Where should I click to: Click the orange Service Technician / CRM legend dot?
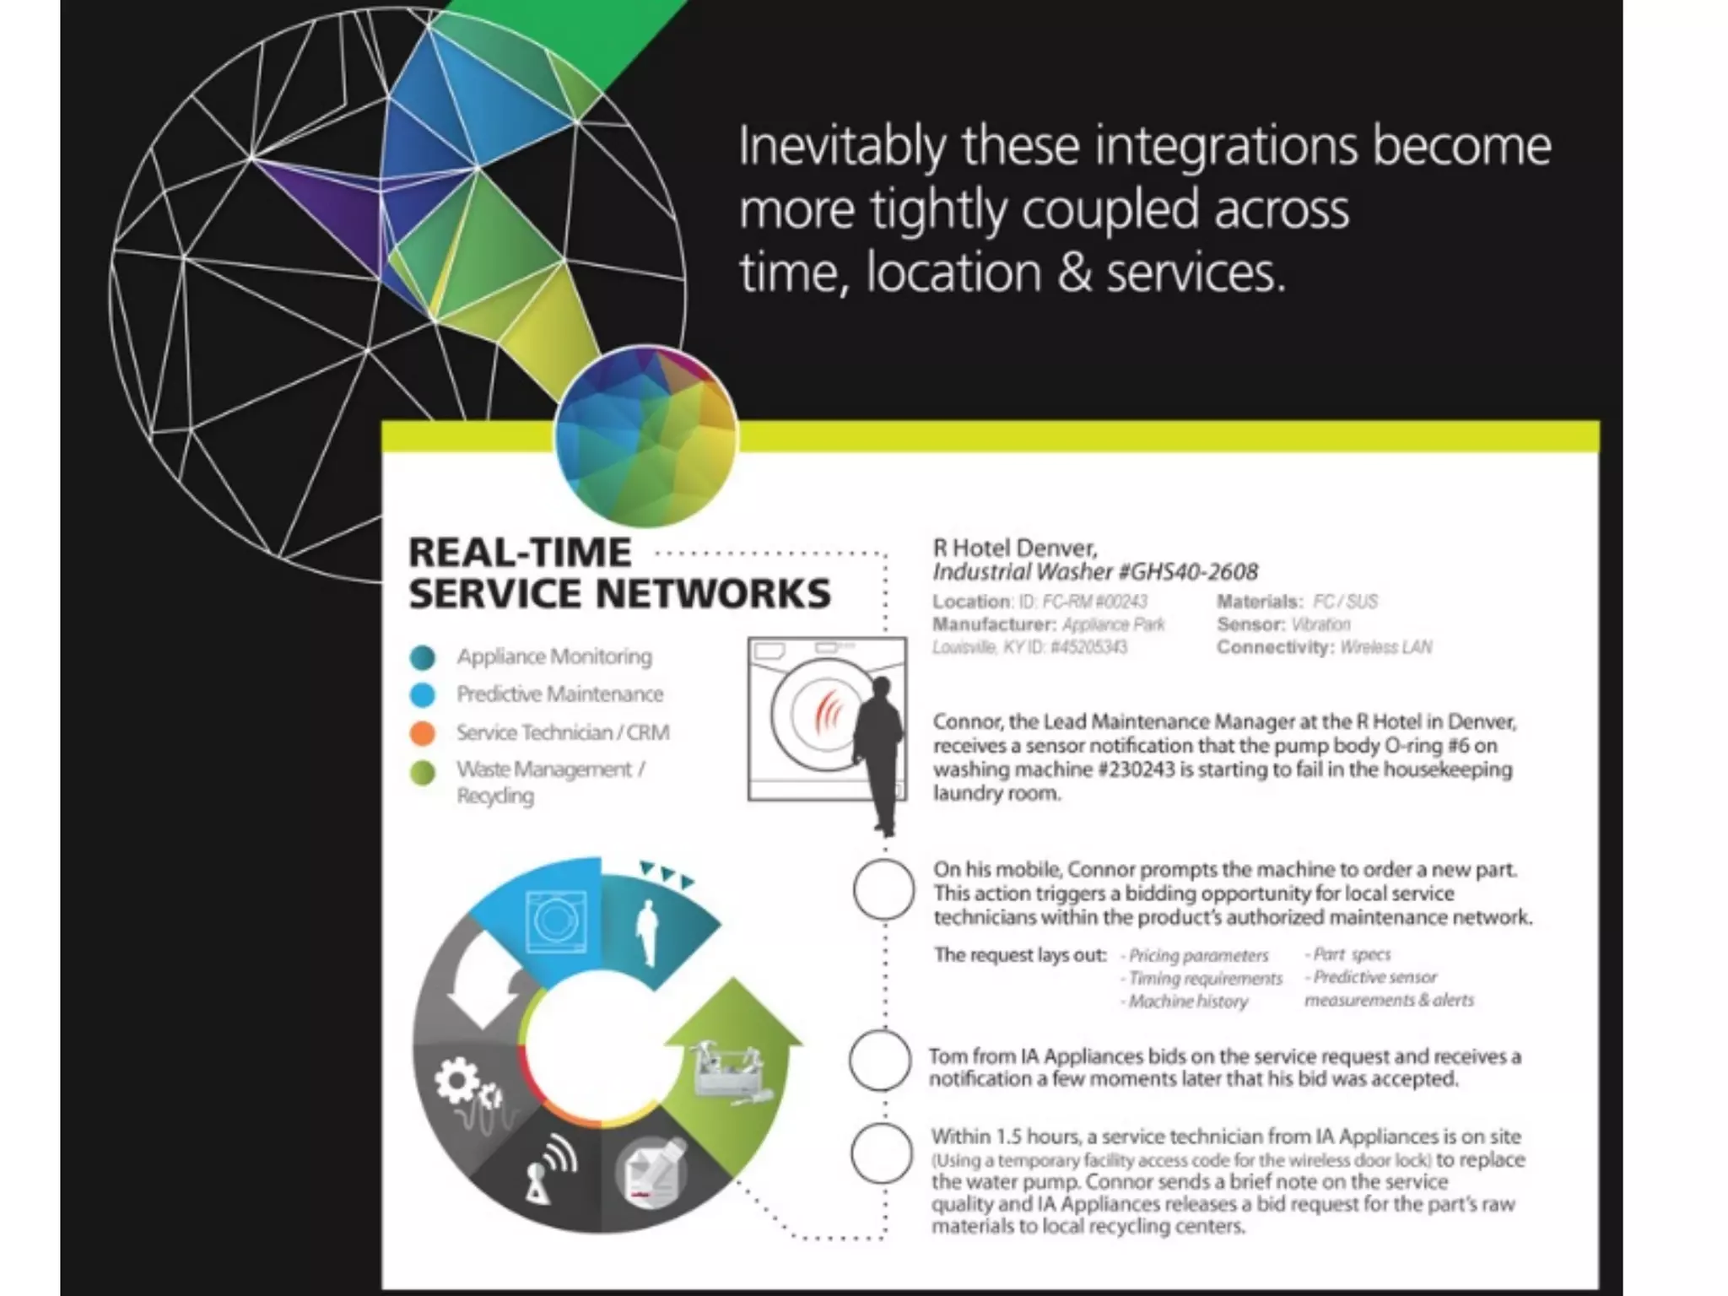[x=423, y=732]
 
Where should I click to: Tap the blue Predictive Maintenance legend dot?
[x=423, y=694]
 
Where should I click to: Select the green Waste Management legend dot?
[x=423, y=772]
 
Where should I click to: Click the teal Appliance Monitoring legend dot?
[x=423, y=656]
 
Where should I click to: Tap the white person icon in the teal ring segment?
[x=647, y=932]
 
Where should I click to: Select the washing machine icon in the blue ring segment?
[x=555, y=921]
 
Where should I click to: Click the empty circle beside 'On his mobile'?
[x=883, y=889]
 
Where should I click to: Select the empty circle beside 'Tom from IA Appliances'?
[x=880, y=1061]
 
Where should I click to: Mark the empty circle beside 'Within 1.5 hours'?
[x=882, y=1153]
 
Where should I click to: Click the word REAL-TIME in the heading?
[x=520, y=553]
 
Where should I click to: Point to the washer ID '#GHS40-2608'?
[x=1187, y=572]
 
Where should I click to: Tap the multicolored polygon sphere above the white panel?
[x=646, y=435]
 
